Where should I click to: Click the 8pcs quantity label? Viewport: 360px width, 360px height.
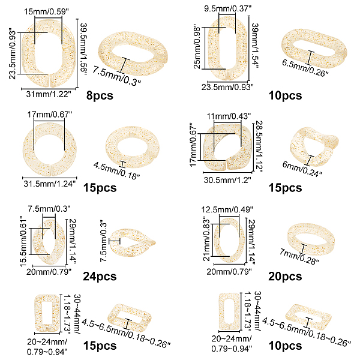click(x=100, y=95)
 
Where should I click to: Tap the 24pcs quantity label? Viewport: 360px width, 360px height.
click(x=100, y=277)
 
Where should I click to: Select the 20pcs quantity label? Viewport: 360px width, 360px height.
click(x=285, y=277)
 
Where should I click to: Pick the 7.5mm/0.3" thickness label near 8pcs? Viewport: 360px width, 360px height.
click(x=116, y=76)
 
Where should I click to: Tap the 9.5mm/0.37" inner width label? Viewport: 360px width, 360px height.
click(x=228, y=8)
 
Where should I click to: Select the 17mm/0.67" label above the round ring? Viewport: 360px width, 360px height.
click(x=50, y=114)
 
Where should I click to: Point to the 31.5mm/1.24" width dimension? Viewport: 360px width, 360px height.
click(x=50, y=184)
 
